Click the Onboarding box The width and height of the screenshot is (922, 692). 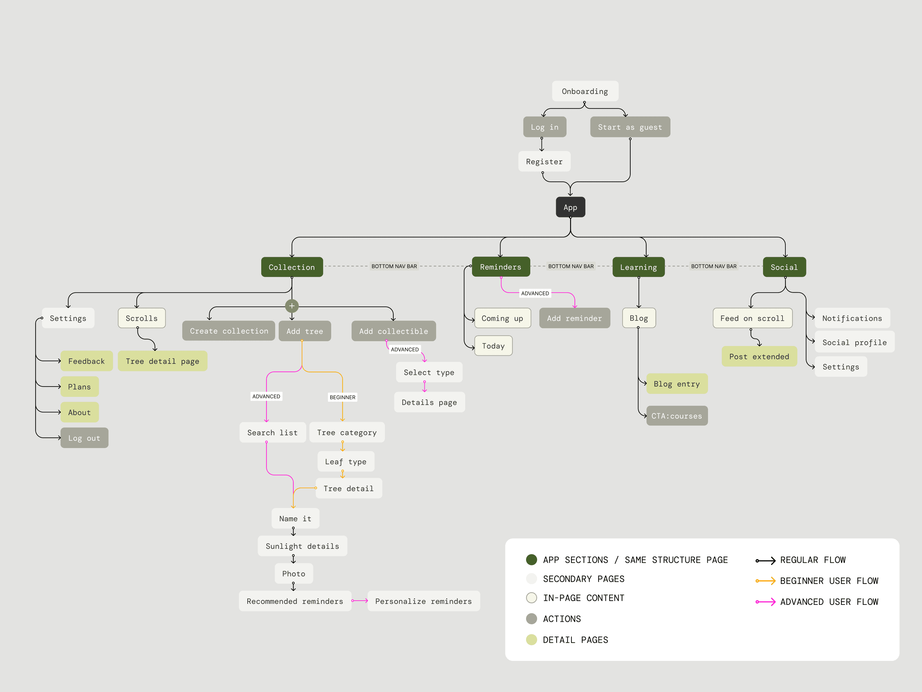(x=585, y=91)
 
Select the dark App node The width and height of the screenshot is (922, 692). (x=570, y=207)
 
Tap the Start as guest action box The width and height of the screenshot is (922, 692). (x=630, y=127)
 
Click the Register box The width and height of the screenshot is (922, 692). (x=544, y=161)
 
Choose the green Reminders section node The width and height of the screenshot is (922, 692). (x=500, y=267)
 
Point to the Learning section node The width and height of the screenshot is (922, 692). (x=638, y=267)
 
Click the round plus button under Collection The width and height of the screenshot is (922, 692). (x=292, y=306)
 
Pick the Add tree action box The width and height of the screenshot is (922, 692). (x=305, y=331)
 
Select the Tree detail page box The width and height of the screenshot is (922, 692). (x=163, y=361)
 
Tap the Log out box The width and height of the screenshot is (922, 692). (x=84, y=438)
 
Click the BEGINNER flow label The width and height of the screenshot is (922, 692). (x=342, y=397)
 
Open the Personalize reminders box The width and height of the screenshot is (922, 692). (x=423, y=601)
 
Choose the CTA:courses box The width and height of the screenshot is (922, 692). (x=677, y=416)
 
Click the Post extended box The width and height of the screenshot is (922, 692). (x=759, y=357)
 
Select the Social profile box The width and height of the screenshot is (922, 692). (x=854, y=342)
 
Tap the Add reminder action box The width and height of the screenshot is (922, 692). (x=574, y=318)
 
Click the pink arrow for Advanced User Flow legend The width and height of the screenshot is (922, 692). (x=766, y=602)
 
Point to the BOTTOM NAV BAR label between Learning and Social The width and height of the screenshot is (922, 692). (x=714, y=266)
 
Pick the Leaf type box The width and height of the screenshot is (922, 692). (x=345, y=462)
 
